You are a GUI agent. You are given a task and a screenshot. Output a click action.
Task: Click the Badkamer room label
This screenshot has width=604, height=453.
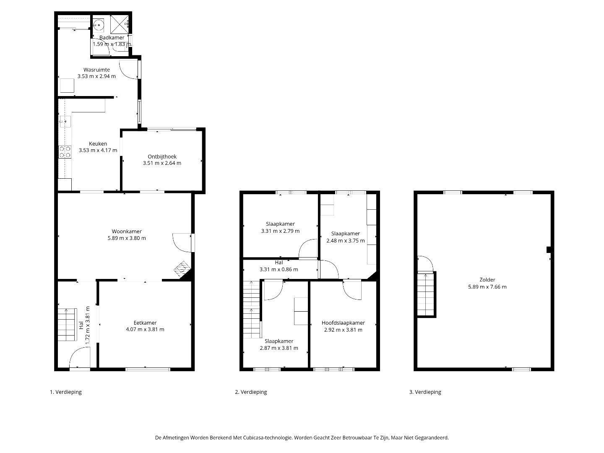pos(112,37)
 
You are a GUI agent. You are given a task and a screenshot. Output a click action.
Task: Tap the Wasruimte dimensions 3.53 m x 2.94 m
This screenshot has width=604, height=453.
pos(96,76)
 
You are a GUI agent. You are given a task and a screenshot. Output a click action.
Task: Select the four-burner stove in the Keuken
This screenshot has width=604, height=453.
pos(65,152)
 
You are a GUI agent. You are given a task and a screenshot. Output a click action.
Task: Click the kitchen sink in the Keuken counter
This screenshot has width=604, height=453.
pos(65,121)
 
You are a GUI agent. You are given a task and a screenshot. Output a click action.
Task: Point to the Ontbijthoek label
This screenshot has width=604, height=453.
pos(162,156)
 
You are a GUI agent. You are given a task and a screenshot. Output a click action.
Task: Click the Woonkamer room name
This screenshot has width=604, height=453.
pos(127,231)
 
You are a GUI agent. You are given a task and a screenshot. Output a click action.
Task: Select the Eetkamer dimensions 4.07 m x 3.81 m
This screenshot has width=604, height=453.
pos(145,329)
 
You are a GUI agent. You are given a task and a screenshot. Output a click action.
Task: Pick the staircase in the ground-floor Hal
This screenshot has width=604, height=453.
pos(67,325)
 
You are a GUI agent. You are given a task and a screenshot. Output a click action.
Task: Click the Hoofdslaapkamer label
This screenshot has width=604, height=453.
pos(343,323)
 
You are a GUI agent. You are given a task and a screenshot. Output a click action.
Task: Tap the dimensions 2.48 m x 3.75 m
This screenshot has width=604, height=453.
pos(346,241)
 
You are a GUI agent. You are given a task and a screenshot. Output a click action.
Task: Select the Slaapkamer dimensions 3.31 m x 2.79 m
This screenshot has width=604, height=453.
pos(280,231)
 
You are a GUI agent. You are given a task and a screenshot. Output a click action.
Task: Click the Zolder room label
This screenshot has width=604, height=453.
pos(487,280)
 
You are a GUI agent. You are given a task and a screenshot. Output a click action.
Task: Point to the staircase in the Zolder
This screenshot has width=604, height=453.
pos(426,294)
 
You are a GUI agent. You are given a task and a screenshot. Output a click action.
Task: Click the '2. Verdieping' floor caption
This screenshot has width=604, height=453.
pos(251,392)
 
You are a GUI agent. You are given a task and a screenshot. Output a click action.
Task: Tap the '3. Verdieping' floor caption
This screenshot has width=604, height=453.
pos(425,392)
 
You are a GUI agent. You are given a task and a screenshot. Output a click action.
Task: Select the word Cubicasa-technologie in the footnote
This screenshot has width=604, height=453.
pos(267,437)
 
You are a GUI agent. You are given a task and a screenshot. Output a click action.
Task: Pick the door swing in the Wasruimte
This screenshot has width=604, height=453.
pos(128,69)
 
